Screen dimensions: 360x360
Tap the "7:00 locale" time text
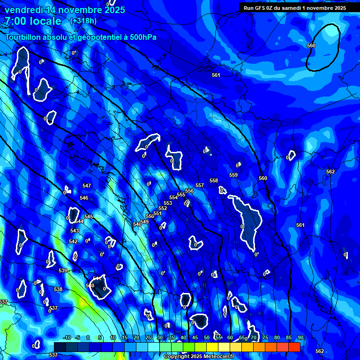(x=33, y=21)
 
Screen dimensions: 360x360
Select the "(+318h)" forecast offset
(x=84, y=21)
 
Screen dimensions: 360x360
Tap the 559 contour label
(x=233, y=175)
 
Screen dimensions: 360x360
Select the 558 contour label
(x=214, y=180)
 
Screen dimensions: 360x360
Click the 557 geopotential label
(x=200, y=186)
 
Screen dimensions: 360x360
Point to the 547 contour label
(x=87, y=186)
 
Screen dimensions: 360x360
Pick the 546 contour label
(x=84, y=198)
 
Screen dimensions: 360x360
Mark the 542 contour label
(x=73, y=241)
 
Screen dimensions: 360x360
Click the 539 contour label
(x=63, y=270)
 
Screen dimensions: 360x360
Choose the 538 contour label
(x=58, y=289)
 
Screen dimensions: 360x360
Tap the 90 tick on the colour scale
(x=300, y=338)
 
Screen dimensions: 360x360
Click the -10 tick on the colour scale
(x=67, y=338)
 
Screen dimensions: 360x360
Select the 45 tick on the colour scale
(x=195, y=338)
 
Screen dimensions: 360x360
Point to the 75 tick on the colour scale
(x=265, y=338)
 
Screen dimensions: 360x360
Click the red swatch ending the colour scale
(x=294, y=347)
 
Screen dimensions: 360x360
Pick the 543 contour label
(x=75, y=231)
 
